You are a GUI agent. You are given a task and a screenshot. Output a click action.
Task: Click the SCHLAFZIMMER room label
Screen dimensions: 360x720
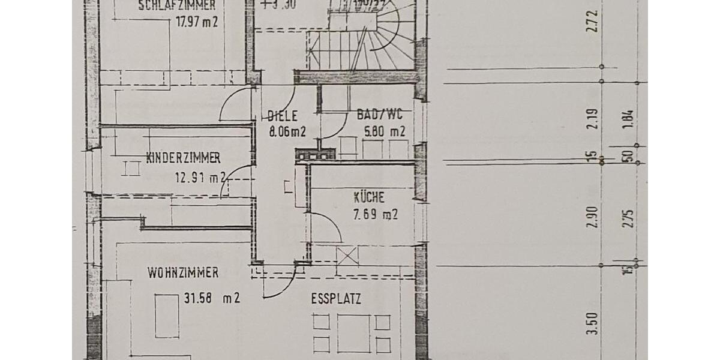click(x=176, y=7)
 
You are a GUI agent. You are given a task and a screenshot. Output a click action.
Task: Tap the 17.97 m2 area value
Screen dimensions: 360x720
click(x=197, y=23)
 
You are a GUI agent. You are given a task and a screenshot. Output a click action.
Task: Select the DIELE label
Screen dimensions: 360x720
click(x=282, y=116)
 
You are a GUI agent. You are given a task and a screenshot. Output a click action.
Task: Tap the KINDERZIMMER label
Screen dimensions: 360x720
click(x=183, y=158)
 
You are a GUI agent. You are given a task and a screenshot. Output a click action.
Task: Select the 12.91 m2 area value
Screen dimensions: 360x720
click(x=200, y=178)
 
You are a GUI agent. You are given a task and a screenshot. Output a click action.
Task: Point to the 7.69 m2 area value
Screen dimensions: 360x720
click(x=375, y=214)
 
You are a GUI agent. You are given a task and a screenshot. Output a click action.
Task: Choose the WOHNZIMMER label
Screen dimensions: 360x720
click(x=183, y=273)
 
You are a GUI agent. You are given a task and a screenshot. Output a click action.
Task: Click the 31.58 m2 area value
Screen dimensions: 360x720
click(x=210, y=297)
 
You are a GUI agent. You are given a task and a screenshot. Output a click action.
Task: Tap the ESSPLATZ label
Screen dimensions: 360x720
click(x=336, y=299)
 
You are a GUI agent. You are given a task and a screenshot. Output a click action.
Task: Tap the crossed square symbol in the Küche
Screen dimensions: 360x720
click(x=347, y=256)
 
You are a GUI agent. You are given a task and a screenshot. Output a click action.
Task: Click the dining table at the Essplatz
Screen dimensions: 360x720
click(x=353, y=333)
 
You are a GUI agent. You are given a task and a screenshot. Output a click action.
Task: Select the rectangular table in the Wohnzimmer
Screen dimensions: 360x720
click(x=167, y=316)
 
